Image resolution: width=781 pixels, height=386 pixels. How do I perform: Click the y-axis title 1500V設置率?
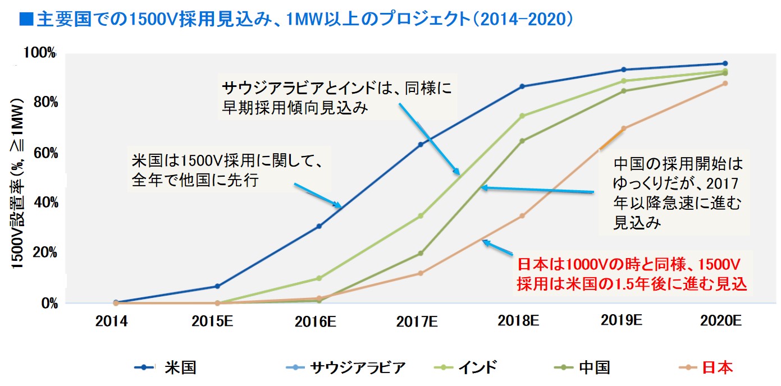tap(17, 185)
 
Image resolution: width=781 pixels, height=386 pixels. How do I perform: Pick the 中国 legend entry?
tap(593, 368)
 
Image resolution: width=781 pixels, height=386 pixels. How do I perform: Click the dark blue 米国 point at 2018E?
tap(522, 86)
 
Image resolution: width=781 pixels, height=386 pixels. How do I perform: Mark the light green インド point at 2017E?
tap(421, 215)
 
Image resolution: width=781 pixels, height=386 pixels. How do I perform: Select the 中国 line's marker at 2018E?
tap(522, 141)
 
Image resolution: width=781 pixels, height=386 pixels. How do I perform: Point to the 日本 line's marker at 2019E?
tap(623, 128)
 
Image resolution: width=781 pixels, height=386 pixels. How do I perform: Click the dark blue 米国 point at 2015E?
tap(217, 286)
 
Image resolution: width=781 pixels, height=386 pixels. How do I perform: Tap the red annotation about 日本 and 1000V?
tap(632, 274)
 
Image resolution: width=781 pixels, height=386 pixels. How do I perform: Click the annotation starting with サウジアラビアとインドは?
tap(337, 98)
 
